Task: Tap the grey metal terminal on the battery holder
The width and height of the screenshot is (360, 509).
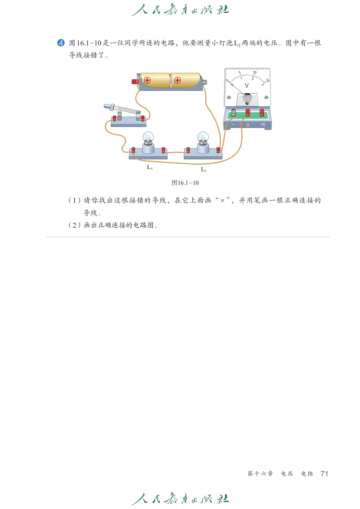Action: [x=205, y=82]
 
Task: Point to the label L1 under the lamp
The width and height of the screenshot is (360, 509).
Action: [x=150, y=167]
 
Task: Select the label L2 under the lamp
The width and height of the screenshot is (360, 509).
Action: [x=204, y=170]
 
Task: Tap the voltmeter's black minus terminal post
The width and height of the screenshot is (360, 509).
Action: [x=233, y=112]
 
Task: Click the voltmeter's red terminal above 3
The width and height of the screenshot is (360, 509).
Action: [x=248, y=112]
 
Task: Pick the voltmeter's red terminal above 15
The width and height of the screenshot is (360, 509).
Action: [x=262, y=112]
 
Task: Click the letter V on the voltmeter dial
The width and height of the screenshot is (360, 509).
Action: [x=247, y=85]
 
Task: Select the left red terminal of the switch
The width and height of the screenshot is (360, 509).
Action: [x=115, y=118]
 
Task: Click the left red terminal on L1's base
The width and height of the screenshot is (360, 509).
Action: [x=133, y=150]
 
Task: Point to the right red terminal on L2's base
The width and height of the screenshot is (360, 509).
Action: [x=218, y=150]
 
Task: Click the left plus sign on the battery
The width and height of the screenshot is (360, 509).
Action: [x=147, y=80]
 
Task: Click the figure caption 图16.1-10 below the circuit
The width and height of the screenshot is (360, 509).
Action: [x=185, y=183]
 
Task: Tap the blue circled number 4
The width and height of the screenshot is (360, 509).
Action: [x=61, y=43]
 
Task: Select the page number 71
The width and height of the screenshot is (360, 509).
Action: [x=324, y=474]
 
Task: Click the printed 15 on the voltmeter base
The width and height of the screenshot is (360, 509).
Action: [x=263, y=125]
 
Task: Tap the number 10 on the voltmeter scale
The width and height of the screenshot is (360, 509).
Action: [x=255, y=72]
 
